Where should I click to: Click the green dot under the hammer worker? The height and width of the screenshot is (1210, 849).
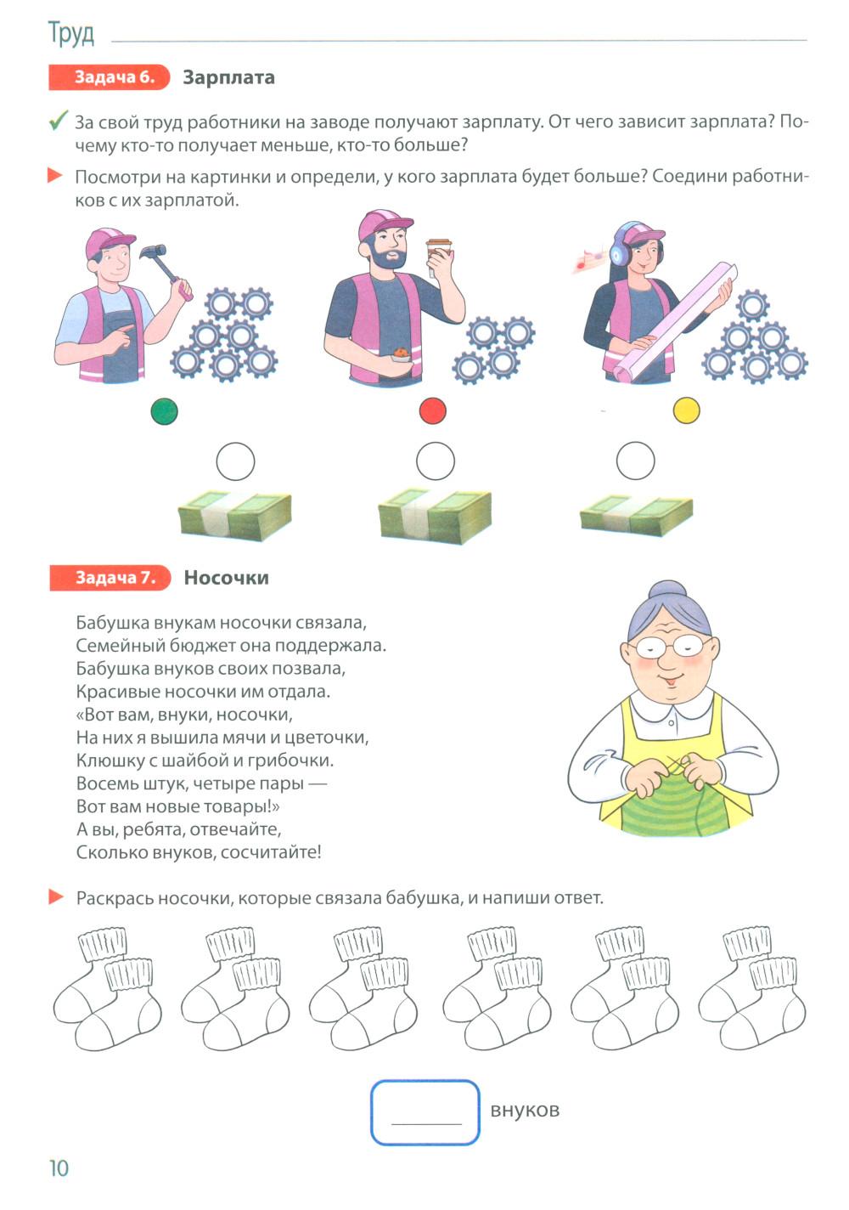click(164, 411)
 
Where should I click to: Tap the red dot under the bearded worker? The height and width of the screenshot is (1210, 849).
click(432, 410)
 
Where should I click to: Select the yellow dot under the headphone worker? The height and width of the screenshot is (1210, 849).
click(685, 410)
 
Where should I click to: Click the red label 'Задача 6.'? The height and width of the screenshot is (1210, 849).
click(109, 77)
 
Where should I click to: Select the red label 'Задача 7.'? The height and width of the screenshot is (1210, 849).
click(110, 578)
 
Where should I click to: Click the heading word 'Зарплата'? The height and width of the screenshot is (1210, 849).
click(228, 78)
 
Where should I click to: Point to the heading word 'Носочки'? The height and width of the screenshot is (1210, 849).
click(226, 578)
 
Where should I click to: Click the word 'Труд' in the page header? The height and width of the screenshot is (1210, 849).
click(71, 33)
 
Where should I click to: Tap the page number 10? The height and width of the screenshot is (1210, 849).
click(59, 1168)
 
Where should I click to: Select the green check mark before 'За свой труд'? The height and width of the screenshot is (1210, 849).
click(59, 120)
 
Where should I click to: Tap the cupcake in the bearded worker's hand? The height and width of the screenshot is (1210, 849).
click(401, 353)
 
